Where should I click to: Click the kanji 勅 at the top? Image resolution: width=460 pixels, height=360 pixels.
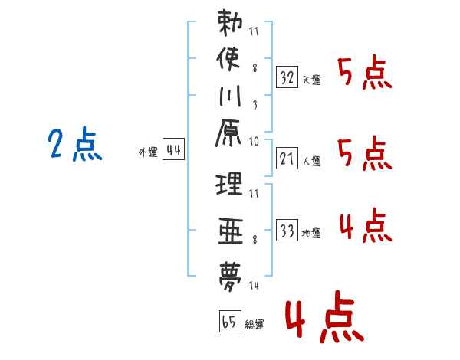[230, 23]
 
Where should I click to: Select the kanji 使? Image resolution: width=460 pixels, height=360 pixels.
[228, 59]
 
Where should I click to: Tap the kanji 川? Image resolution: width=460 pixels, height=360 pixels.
[230, 96]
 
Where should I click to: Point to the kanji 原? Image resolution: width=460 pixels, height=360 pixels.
[228, 133]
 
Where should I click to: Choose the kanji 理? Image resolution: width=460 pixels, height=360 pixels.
[229, 184]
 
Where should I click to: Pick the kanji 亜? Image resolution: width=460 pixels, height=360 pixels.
[231, 231]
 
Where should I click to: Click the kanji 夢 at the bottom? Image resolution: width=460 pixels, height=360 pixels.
[230, 277]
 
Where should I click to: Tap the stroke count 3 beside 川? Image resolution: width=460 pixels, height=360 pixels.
[255, 105]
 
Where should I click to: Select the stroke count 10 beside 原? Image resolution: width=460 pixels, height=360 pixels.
[254, 142]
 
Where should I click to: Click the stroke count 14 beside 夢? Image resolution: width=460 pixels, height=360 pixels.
[254, 285]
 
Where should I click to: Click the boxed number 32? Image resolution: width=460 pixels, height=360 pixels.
[287, 77]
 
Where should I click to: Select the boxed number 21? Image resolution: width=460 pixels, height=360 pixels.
[287, 159]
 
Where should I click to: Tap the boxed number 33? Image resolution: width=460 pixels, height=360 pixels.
[287, 231]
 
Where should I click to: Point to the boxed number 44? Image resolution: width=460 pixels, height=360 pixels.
[174, 149]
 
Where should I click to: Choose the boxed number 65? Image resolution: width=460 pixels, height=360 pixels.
[231, 321]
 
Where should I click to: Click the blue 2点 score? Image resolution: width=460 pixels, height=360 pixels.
[75, 144]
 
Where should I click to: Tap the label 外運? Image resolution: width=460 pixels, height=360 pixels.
[148, 152]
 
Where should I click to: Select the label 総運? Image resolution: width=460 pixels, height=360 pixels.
[255, 324]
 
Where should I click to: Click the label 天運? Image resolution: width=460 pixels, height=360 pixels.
[311, 80]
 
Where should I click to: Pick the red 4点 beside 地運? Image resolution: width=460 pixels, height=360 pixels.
[366, 225]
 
